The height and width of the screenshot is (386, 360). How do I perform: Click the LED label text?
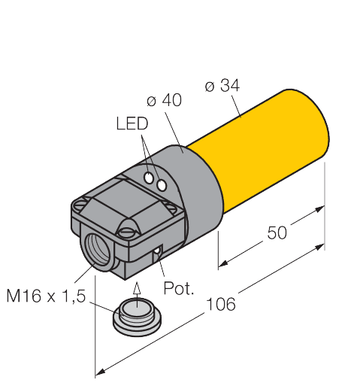[x=132, y=123]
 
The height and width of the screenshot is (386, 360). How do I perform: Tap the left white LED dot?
[x=150, y=178]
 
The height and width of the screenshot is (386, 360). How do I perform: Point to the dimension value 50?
[x=277, y=234]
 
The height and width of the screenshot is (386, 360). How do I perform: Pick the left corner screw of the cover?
[x=82, y=203]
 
